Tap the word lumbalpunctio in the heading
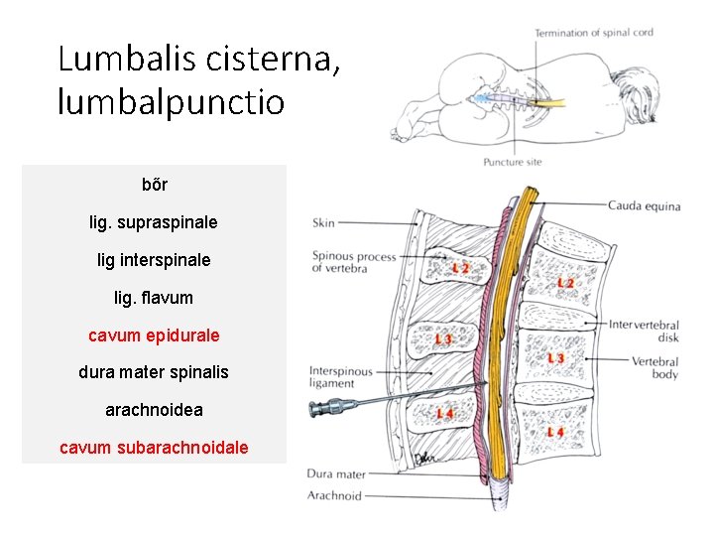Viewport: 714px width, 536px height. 171,101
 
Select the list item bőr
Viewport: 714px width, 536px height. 155,185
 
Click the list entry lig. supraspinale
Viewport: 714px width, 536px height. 154,222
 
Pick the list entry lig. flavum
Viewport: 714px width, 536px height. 154,297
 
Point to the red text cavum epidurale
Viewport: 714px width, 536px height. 154,335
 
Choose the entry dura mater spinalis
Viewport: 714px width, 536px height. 154,372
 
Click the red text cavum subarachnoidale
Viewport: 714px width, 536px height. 154,448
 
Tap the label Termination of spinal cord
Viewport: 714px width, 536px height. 594,33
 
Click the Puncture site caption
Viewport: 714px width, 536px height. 513,162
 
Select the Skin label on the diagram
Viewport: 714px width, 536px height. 323,223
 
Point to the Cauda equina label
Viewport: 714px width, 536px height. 644,206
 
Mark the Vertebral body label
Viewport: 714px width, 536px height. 655,367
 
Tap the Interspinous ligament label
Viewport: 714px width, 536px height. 340,377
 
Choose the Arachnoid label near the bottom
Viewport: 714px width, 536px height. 334,495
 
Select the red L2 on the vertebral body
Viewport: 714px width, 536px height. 564,284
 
